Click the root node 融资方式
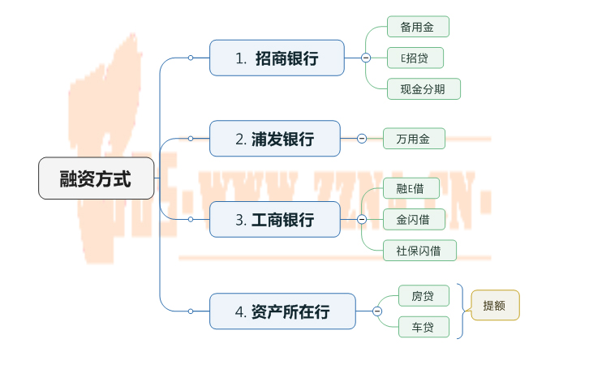[96, 178]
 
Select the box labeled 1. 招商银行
[277, 58]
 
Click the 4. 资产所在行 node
[282, 311]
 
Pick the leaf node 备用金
[417, 27]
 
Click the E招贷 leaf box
[415, 58]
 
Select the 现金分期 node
[423, 88]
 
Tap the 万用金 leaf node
[414, 139]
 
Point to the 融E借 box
[411, 188]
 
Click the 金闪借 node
[414, 219]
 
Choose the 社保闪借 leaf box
[419, 250]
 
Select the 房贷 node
[423, 296]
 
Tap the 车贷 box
[423, 327]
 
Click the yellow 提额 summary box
[494, 306]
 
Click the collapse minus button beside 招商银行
[366, 58]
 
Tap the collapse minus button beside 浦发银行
[362, 139]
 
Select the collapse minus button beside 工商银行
[362, 219]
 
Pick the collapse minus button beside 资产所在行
[377, 311]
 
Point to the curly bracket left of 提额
[462, 311]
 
